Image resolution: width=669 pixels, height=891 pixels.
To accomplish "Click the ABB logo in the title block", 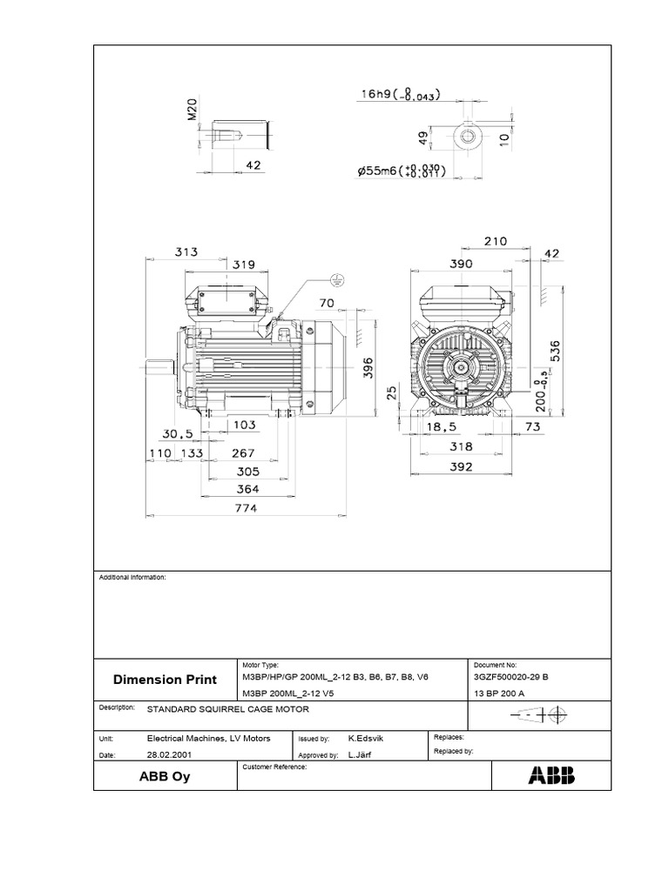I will pyautogui.click(x=551, y=776).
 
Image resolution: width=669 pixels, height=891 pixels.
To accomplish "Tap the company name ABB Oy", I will pyautogui.click(x=164, y=777).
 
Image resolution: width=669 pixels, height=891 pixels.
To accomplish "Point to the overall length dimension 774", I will pyautogui.click(x=244, y=510).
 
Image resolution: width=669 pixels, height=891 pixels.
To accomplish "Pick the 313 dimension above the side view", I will pyautogui.click(x=186, y=251).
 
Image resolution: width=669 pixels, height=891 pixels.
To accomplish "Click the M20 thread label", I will pyautogui.click(x=193, y=111).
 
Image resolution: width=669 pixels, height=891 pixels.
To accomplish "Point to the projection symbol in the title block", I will pyautogui.click(x=540, y=715).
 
